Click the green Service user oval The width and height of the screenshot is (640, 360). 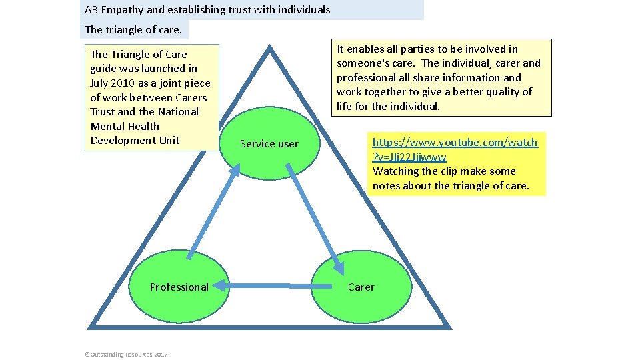[x=269, y=143]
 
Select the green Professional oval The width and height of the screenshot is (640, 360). [x=179, y=287]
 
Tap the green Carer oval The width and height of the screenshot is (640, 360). [x=361, y=287]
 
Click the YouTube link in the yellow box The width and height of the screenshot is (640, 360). [x=455, y=149]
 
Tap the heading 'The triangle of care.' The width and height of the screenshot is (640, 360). [x=133, y=29]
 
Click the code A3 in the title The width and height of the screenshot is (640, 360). [x=92, y=10]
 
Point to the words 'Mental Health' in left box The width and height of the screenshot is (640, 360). [x=125, y=126]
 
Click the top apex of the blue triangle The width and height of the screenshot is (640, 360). [x=269, y=47]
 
